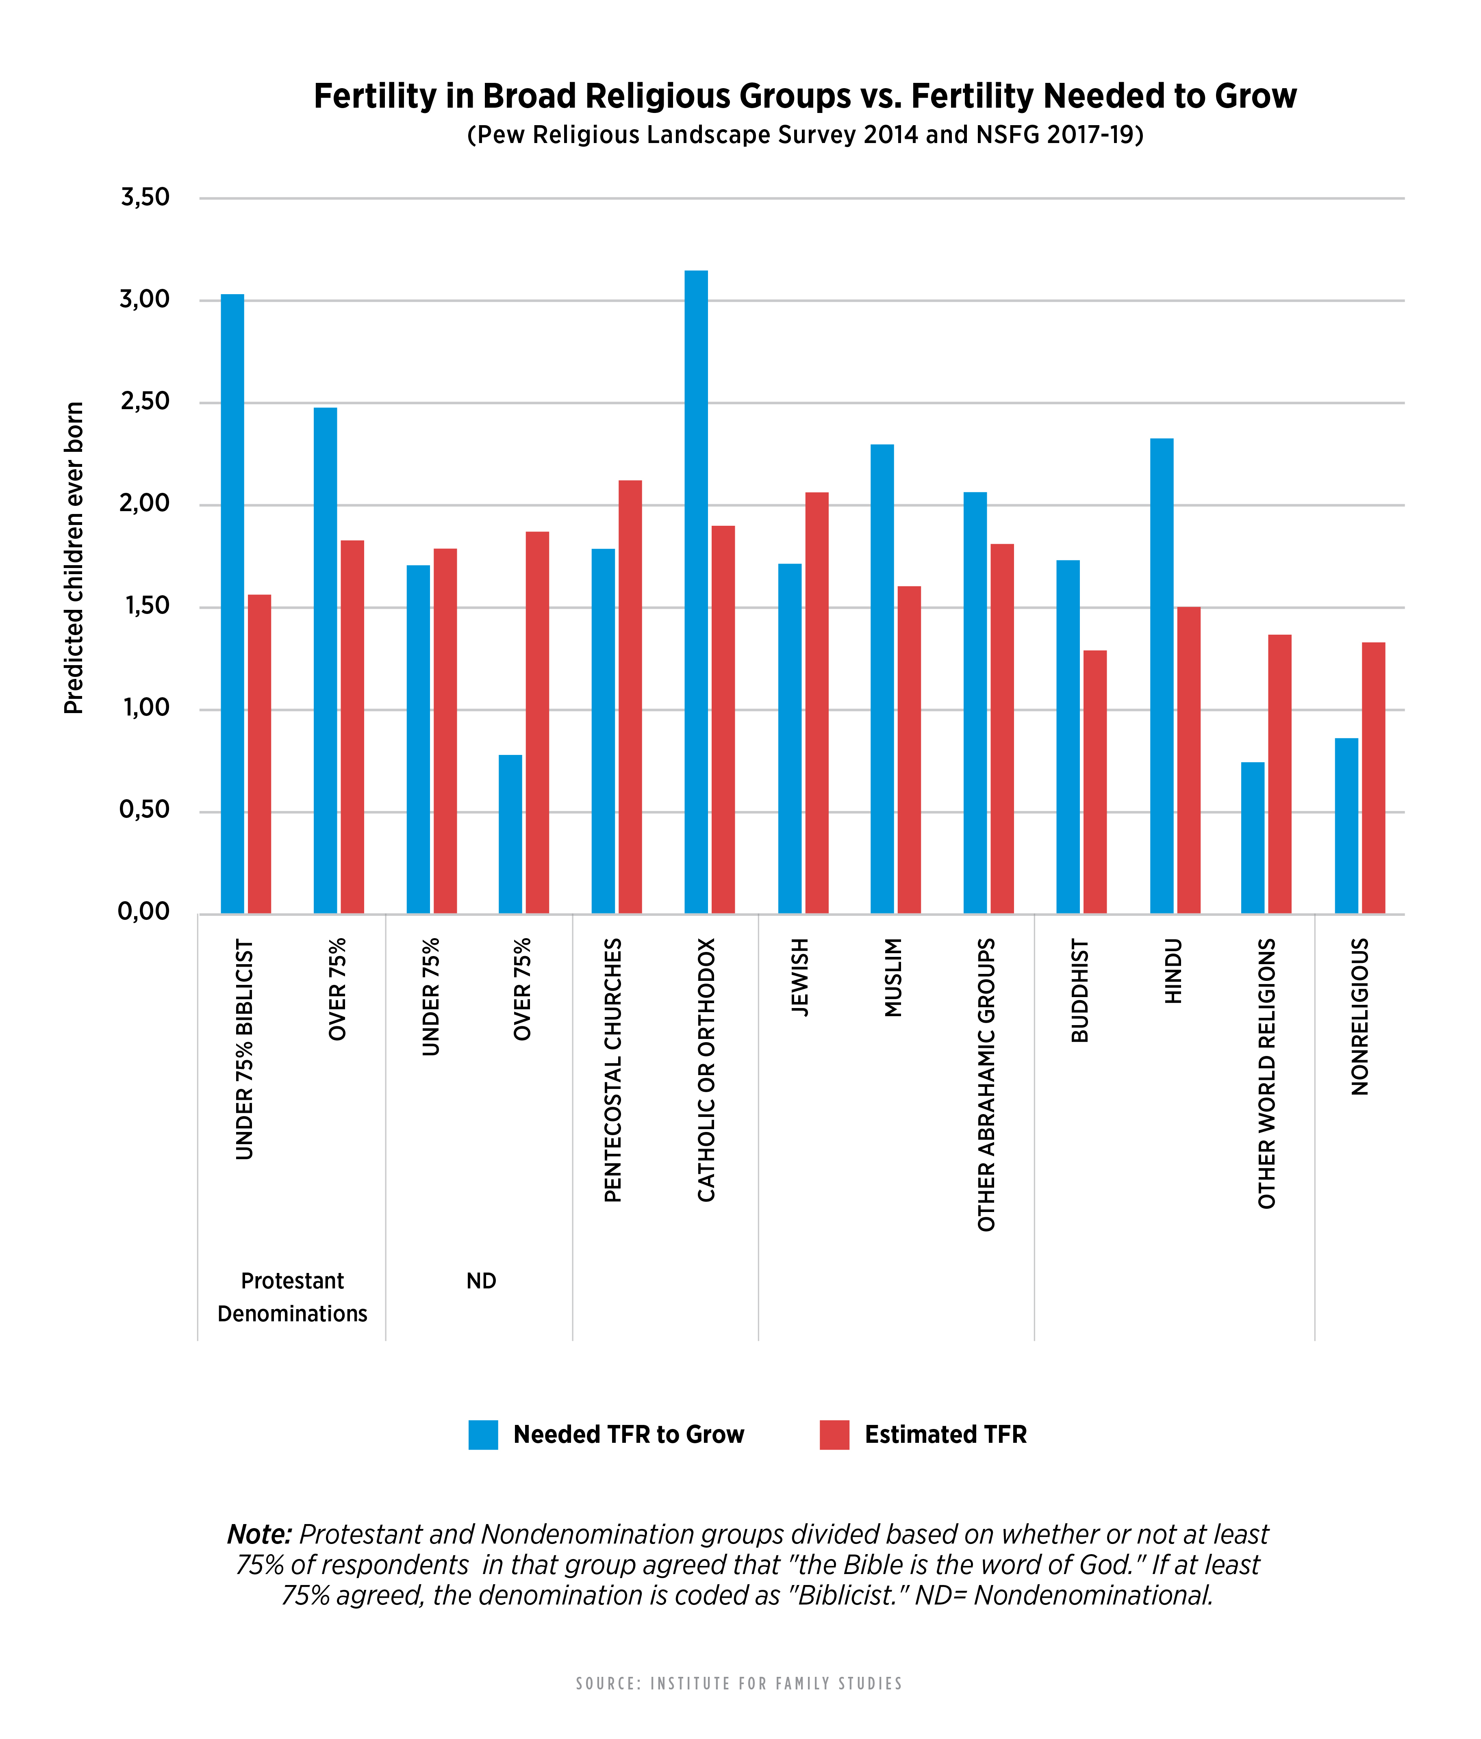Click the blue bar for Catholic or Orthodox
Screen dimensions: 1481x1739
click(696, 592)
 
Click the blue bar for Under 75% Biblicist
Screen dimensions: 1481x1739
click(232, 603)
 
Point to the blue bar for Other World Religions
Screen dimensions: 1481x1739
click(1253, 838)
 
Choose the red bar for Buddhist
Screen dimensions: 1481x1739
click(1095, 781)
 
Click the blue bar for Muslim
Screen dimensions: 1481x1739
click(882, 679)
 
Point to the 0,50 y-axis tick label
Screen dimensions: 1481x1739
click(144, 811)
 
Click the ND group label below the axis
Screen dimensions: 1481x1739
click(481, 1281)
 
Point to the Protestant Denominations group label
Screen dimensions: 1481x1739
click(292, 1297)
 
